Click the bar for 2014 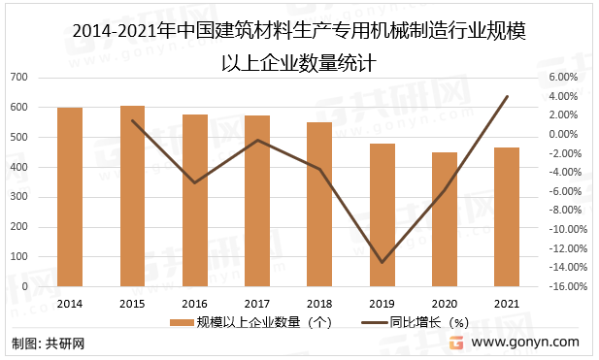70,197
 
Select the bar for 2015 133,196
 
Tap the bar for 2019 382,214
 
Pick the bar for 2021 507,216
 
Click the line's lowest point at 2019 382,262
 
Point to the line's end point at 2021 507,96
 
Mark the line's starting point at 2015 133,120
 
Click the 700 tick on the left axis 19,77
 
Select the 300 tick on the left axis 19,197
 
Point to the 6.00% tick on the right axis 563,77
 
